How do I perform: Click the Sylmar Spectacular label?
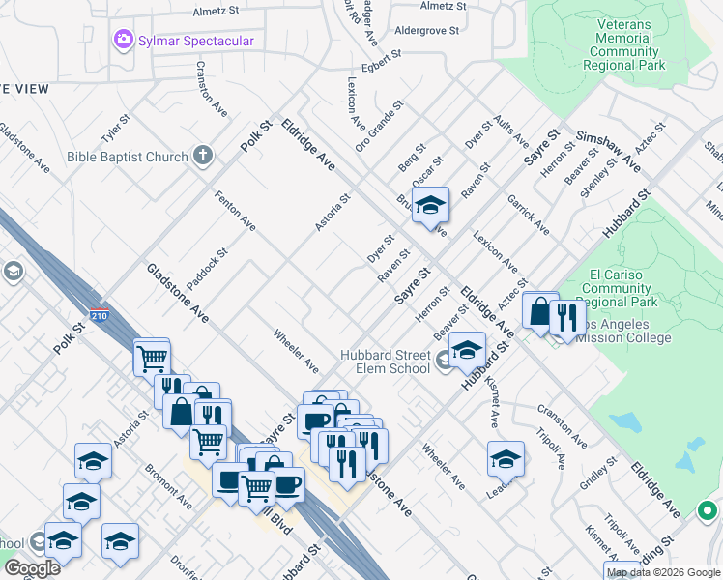pyautogui.click(x=196, y=41)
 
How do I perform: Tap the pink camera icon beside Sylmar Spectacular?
pyautogui.click(x=123, y=41)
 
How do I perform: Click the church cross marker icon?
pyautogui.click(x=203, y=155)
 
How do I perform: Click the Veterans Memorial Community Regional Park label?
pyautogui.click(x=625, y=44)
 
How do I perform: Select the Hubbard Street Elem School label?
pyautogui.click(x=385, y=362)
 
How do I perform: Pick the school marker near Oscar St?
pyautogui.click(x=431, y=205)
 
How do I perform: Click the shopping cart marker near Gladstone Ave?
pyautogui.click(x=152, y=359)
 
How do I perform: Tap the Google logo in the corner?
pyautogui.click(x=32, y=569)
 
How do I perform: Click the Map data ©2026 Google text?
pyautogui.click(x=663, y=572)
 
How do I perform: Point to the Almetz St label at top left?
pyautogui.click(x=216, y=11)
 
